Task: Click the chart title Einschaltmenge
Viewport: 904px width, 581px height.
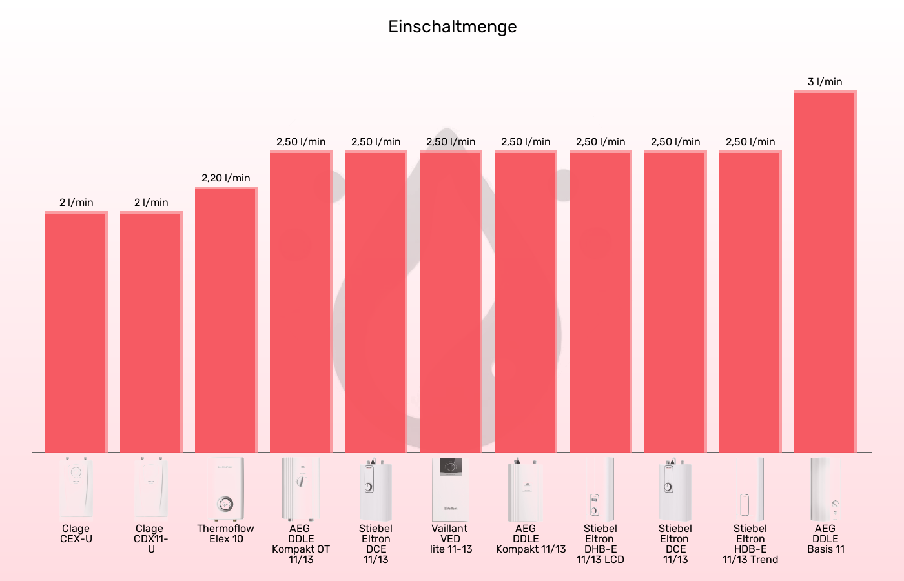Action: [x=452, y=26]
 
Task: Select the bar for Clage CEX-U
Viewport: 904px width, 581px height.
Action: [x=76, y=332]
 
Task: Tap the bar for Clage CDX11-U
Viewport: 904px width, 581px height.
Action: [x=150, y=332]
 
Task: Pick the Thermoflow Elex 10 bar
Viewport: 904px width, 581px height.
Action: [x=225, y=320]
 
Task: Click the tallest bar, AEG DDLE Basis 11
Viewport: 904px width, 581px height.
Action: [x=825, y=271]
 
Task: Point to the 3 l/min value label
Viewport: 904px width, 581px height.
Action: [x=825, y=82]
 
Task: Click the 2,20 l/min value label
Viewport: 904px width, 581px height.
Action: [x=225, y=178]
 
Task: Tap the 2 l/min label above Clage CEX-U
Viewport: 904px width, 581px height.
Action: [x=76, y=203]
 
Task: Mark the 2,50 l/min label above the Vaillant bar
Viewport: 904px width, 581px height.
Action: [x=451, y=142]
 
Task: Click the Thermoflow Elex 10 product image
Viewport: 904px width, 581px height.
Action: [x=225, y=489]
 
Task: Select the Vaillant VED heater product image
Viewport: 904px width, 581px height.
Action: [x=450, y=489]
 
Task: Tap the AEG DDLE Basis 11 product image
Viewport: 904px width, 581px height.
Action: [x=825, y=489]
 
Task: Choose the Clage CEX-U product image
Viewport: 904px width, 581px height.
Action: [x=76, y=489]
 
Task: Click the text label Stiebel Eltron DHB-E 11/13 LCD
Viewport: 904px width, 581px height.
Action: [x=600, y=544]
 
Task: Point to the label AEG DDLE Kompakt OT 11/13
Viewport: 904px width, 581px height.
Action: [x=300, y=544]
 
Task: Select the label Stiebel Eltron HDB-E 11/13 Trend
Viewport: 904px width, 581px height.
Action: [x=750, y=544]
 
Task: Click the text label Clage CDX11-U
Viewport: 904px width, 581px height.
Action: [x=150, y=539]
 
